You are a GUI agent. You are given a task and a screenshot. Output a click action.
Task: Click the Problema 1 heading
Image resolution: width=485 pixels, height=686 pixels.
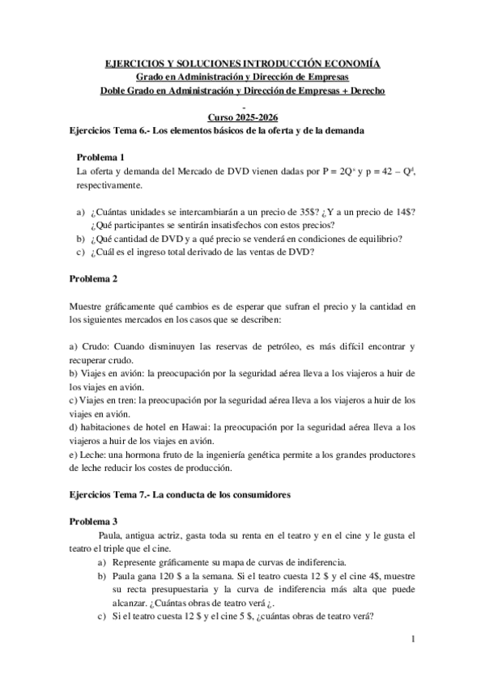coord(100,157)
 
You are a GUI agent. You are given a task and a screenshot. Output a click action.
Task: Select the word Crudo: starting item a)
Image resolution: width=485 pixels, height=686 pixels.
coord(96,346)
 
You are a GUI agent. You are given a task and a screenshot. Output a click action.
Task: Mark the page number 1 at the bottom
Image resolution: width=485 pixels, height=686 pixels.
coord(413,642)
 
